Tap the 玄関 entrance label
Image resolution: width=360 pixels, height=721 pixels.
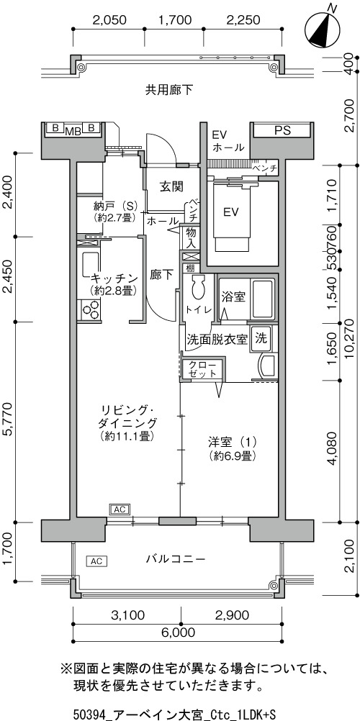(172, 186)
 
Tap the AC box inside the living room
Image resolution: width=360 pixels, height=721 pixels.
(120, 509)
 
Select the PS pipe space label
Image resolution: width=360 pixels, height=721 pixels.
(282, 130)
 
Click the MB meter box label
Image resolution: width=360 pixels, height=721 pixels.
(73, 131)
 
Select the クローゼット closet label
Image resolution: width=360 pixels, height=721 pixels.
(202, 368)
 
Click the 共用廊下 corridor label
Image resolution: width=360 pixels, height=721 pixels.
(169, 90)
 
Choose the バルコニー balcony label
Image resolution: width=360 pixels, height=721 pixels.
(176, 559)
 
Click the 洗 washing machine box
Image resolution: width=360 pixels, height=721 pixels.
(262, 340)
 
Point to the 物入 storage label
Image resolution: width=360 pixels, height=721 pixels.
(191, 237)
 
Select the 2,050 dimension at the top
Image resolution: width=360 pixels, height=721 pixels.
(109, 19)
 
